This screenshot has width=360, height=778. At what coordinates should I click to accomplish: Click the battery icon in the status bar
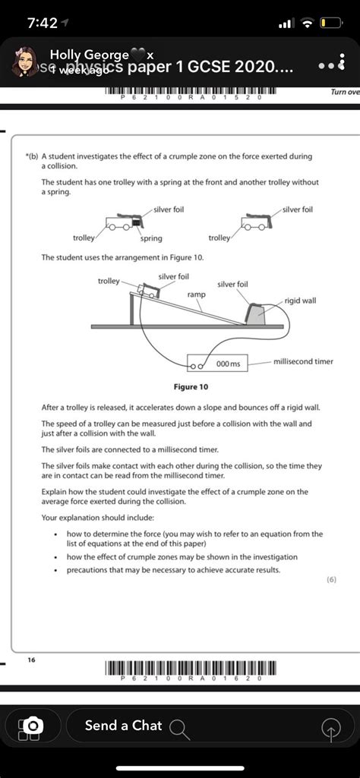[x=332, y=24]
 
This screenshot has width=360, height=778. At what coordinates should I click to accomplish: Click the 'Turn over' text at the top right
[x=345, y=92]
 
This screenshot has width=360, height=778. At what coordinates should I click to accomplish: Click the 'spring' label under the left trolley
[x=150, y=238]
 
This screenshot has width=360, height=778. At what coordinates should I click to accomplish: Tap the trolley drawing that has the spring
[x=123, y=223]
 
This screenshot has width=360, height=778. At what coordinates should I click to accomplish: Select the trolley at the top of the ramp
[x=149, y=291]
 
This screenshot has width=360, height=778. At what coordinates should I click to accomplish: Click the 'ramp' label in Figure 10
[x=196, y=293]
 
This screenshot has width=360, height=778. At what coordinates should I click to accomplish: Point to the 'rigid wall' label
[x=301, y=301]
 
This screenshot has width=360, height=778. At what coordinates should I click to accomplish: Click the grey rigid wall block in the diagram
[x=257, y=314]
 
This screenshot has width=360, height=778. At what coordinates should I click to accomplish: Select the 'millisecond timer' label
[x=303, y=361]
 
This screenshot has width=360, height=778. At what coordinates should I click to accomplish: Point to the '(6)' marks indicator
[x=331, y=579]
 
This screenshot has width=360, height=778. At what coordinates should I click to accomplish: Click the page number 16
[x=31, y=660]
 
